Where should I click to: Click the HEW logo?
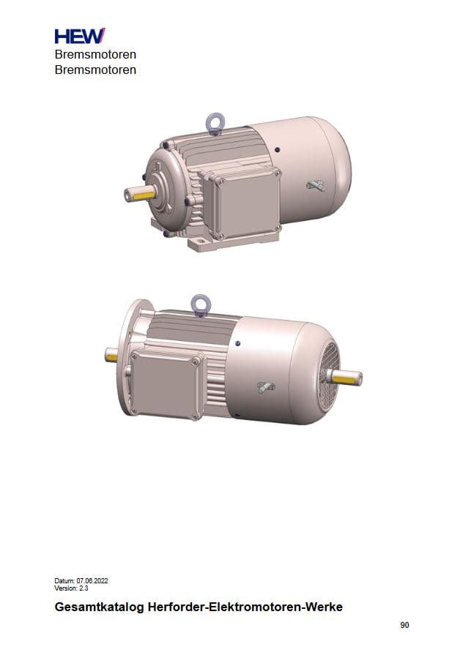(80, 36)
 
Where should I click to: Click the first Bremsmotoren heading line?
(95, 54)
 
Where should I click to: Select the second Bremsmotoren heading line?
(95, 70)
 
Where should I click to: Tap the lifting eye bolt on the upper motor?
(215, 123)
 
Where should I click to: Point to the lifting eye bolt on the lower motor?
(200, 304)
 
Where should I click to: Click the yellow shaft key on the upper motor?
(144, 194)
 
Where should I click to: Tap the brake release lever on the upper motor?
(316, 186)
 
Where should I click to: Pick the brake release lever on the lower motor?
(266, 387)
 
